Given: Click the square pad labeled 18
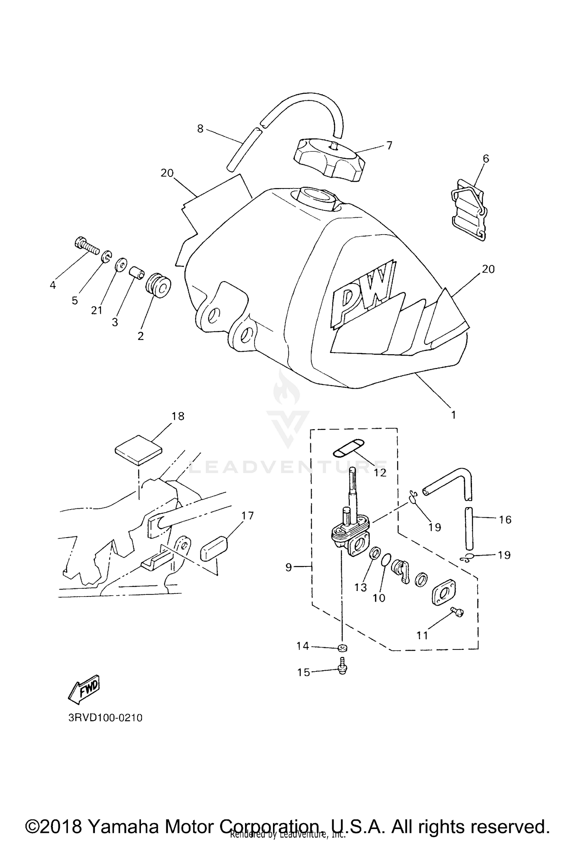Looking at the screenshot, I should tap(139, 450).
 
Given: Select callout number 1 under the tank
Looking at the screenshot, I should tap(453, 415).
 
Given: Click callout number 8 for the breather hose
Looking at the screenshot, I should tap(200, 128).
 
